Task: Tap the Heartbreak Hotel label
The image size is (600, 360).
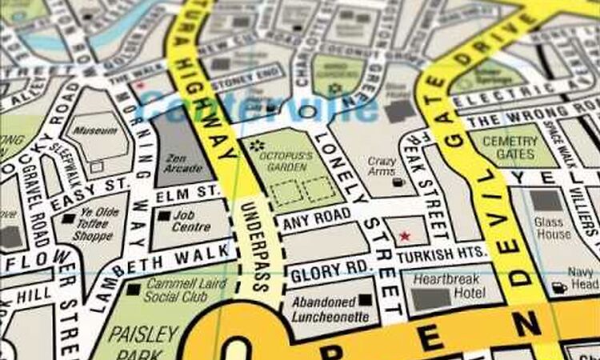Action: coord(447,286)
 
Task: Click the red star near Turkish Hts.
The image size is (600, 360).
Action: coord(404,236)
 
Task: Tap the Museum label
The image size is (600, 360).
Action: coord(101,130)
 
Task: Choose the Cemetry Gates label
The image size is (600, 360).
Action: coord(514,147)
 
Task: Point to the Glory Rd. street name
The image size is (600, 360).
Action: coord(319,272)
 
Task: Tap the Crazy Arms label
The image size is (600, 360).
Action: coord(382,166)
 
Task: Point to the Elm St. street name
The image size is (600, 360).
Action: coord(187,193)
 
